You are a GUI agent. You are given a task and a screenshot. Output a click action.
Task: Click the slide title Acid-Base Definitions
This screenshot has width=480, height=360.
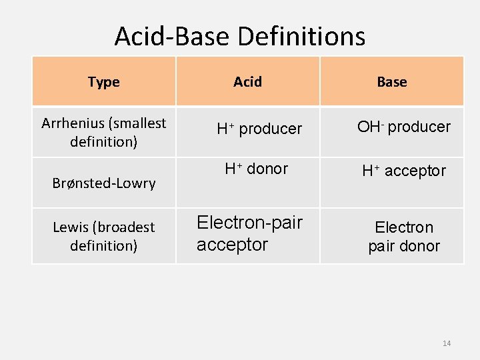click(239, 36)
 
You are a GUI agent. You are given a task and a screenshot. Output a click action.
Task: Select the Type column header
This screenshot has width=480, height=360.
click(103, 82)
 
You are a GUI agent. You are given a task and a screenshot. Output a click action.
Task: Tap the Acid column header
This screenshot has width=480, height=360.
click(247, 82)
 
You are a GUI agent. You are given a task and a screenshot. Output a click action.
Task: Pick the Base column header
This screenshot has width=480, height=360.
click(391, 82)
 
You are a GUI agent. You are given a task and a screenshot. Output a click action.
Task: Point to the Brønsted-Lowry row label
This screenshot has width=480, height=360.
click(104, 183)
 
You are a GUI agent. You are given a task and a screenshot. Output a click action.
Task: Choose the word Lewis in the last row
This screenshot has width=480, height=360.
click(70, 227)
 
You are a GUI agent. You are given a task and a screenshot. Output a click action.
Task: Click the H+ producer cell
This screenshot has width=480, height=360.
click(259, 129)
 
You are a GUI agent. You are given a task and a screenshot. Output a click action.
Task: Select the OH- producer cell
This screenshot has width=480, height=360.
click(403, 127)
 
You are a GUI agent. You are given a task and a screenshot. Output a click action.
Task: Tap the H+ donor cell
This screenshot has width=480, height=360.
click(257, 169)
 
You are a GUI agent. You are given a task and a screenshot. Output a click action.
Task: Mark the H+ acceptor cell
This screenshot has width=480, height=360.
click(403, 171)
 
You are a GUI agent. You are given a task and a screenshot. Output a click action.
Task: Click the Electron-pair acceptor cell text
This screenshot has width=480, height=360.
click(249, 233)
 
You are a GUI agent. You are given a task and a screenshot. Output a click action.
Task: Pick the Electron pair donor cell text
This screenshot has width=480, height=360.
click(404, 237)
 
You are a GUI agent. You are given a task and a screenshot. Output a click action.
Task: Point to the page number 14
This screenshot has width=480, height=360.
click(447, 343)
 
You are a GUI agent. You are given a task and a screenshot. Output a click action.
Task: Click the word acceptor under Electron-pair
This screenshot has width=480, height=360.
click(232, 245)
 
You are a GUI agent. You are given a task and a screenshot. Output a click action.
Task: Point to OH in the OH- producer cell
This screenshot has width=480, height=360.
click(368, 127)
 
